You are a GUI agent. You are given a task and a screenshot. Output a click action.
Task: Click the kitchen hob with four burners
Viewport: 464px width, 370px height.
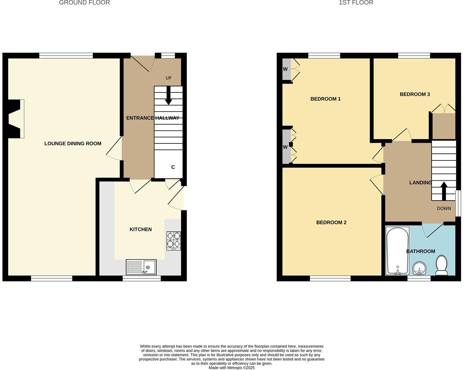(174, 240)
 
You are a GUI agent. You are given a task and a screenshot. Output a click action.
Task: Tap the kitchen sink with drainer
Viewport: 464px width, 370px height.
(141, 267)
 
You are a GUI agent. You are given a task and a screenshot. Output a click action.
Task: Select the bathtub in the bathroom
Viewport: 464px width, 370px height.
(397, 250)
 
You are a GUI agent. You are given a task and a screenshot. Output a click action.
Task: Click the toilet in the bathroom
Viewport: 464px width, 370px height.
(442, 265)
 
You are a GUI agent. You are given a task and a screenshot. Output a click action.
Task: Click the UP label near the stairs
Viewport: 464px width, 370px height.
(168, 78)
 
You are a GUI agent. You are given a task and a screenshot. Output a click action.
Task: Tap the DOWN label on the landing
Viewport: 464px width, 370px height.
(444, 208)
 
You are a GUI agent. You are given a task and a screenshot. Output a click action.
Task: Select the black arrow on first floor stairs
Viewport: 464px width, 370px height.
(444, 191)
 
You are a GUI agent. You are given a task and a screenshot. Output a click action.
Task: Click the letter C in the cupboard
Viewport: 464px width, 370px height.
(173, 167)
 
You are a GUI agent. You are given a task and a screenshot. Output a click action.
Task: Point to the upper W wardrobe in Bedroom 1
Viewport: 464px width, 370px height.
(285, 69)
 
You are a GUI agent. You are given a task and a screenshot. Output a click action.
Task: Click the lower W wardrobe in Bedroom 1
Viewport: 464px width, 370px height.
(285, 147)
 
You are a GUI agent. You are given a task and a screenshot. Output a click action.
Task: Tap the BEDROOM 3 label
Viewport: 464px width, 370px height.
(415, 94)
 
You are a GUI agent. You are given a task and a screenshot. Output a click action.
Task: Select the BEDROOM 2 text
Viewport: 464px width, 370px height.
(331, 222)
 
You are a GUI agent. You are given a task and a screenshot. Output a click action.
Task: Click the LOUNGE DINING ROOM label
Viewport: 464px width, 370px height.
(73, 143)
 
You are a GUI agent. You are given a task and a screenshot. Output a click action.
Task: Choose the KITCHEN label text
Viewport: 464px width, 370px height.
(141, 229)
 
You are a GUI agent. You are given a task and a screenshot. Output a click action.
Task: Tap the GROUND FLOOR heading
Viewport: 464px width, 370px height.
(84, 3)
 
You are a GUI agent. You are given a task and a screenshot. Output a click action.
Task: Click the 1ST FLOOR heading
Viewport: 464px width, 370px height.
(356, 3)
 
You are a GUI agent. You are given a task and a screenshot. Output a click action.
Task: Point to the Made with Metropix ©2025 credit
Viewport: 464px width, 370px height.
(232, 368)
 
